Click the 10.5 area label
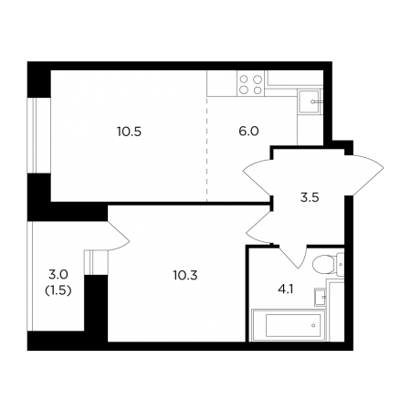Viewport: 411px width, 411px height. (129, 132)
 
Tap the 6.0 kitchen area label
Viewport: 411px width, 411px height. (248, 132)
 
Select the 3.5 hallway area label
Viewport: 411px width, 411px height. (310, 197)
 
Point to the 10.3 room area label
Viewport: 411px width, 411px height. (185, 276)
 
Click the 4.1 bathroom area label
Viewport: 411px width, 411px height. (285, 290)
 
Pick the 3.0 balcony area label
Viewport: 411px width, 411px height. (58, 275)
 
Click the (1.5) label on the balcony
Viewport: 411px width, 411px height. (58, 291)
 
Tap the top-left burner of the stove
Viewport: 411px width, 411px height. (244, 79)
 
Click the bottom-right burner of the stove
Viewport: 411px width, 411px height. (258, 90)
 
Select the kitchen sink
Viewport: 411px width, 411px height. (310, 101)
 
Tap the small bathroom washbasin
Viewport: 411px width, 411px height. (321, 297)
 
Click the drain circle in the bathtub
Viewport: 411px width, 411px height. (313, 325)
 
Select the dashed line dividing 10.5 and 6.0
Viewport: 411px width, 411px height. (207, 149)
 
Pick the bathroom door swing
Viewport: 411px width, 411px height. (292, 258)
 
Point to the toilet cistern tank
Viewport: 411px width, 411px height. (341, 264)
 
